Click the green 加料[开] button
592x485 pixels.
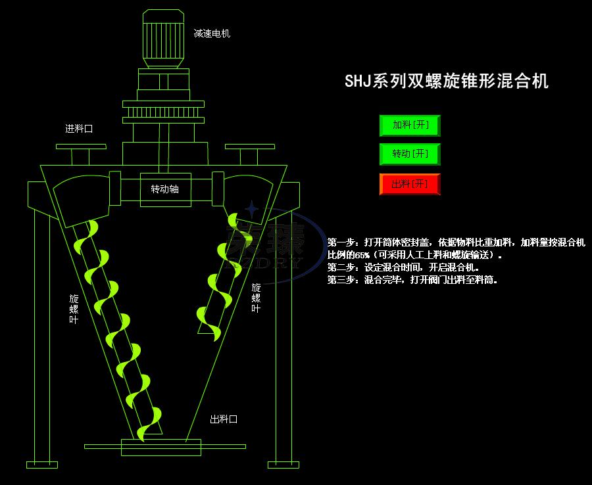[409, 125]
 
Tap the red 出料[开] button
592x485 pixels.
[409, 184]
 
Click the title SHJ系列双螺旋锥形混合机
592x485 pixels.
[447, 81]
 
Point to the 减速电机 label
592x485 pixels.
[212, 34]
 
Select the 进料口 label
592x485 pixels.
[79, 129]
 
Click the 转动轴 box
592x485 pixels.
[165, 189]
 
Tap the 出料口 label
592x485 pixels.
[223, 419]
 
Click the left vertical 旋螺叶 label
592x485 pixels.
[74, 309]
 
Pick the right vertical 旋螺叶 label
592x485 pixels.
[255, 298]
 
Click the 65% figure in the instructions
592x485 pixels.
[362, 255]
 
